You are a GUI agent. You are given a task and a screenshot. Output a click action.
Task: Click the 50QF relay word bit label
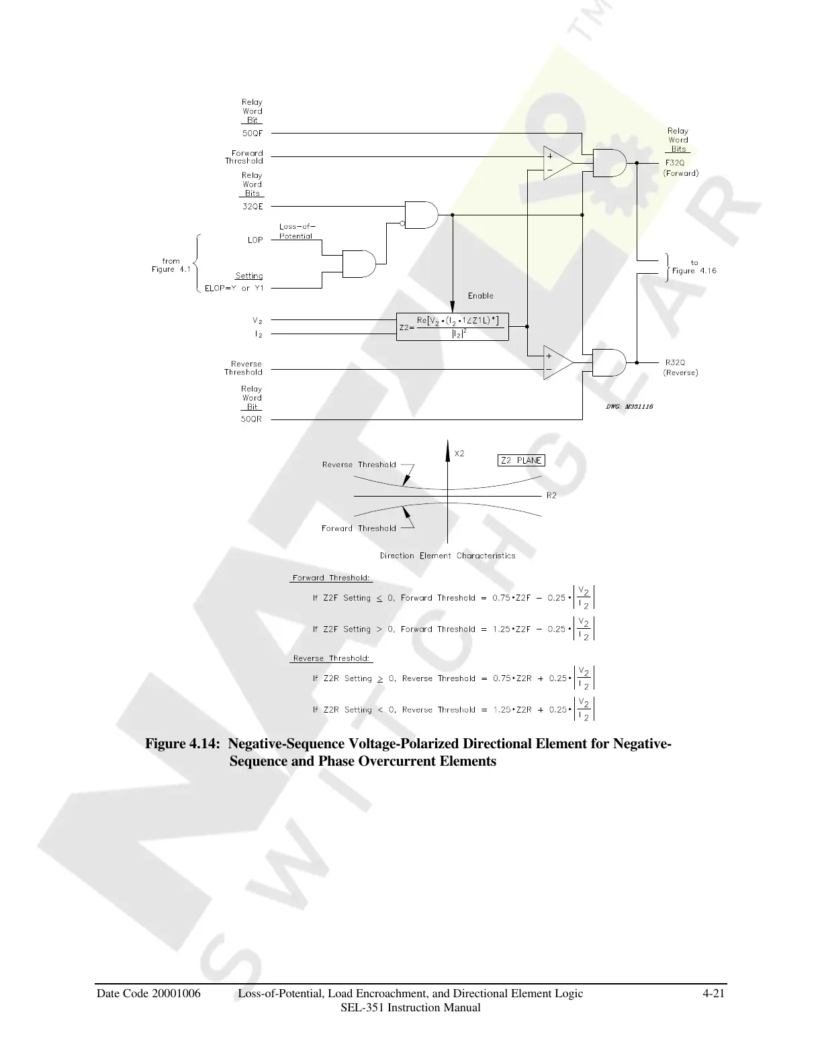click(253, 133)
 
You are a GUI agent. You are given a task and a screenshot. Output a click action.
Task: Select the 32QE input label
click(253, 207)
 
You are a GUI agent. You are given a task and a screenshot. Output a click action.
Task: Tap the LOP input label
click(255, 240)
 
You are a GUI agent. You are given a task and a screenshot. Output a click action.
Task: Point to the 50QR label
click(252, 419)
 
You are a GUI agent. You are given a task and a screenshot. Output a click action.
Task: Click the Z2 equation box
click(452, 327)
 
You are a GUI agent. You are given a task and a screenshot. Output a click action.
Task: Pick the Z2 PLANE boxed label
click(521, 460)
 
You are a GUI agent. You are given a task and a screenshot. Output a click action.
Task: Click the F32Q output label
click(675, 163)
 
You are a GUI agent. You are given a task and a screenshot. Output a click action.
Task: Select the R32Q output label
click(675, 362)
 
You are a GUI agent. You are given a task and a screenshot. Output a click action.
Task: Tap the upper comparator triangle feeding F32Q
click(557, 163)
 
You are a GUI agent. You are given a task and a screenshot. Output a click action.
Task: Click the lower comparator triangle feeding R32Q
click(557, 362)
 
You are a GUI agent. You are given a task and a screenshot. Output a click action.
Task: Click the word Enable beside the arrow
click(481, 295)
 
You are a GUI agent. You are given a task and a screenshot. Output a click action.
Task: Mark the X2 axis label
click(459, 454)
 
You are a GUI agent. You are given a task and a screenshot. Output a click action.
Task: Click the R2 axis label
click(551, 496)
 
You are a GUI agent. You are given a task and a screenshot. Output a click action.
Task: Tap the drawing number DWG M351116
click(629, 407)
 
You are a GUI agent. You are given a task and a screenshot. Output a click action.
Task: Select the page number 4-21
click(713, 994)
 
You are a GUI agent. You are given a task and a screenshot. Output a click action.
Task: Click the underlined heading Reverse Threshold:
click(332, 658)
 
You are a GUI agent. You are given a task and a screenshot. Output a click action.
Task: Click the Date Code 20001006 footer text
click(148, 994)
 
